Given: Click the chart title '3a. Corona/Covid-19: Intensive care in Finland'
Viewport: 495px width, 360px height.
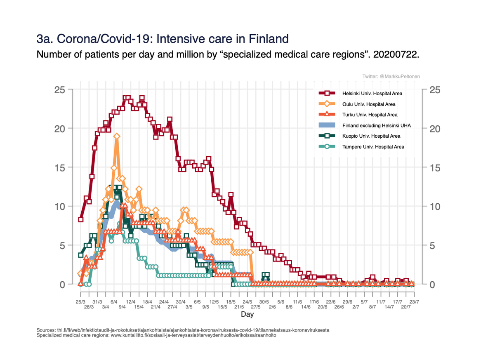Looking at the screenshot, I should pyautogui.click(x=162, y=39).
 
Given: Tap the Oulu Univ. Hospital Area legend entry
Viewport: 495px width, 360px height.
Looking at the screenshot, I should pyautogui.click(x=368, y=104).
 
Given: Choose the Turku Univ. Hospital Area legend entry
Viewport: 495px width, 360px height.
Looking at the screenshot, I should pyautogui.click(x=370, y=115).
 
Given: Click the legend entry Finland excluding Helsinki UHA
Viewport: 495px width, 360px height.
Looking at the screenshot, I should pyautogui.click(x=376, y=125).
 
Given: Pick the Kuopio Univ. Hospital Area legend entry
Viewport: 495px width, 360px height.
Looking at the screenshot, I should pyautogui.click(x=371, y=136).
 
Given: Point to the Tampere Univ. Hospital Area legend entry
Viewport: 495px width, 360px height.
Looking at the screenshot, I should pyautogui.click(x=373, y=147).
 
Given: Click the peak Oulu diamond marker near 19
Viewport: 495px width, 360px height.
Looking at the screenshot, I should pyautogui.click(x=117, y=136).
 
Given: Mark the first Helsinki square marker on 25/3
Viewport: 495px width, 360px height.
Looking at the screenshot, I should pyautogui.click(x=81, y=219).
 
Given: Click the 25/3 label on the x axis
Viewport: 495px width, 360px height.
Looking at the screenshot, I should pyautogui.click(x=81, y=302).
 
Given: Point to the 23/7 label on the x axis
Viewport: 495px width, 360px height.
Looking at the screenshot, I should pyautogui.click(x=414, y=302).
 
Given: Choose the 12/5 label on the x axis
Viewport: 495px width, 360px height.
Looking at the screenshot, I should pyautogui.click(x=214, y=302).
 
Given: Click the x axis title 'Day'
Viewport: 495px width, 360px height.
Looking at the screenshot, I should pyautogui.click(x=247, y=315).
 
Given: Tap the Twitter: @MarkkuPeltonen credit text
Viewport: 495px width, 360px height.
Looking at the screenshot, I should pyautogui.click(x=391, y=76).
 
